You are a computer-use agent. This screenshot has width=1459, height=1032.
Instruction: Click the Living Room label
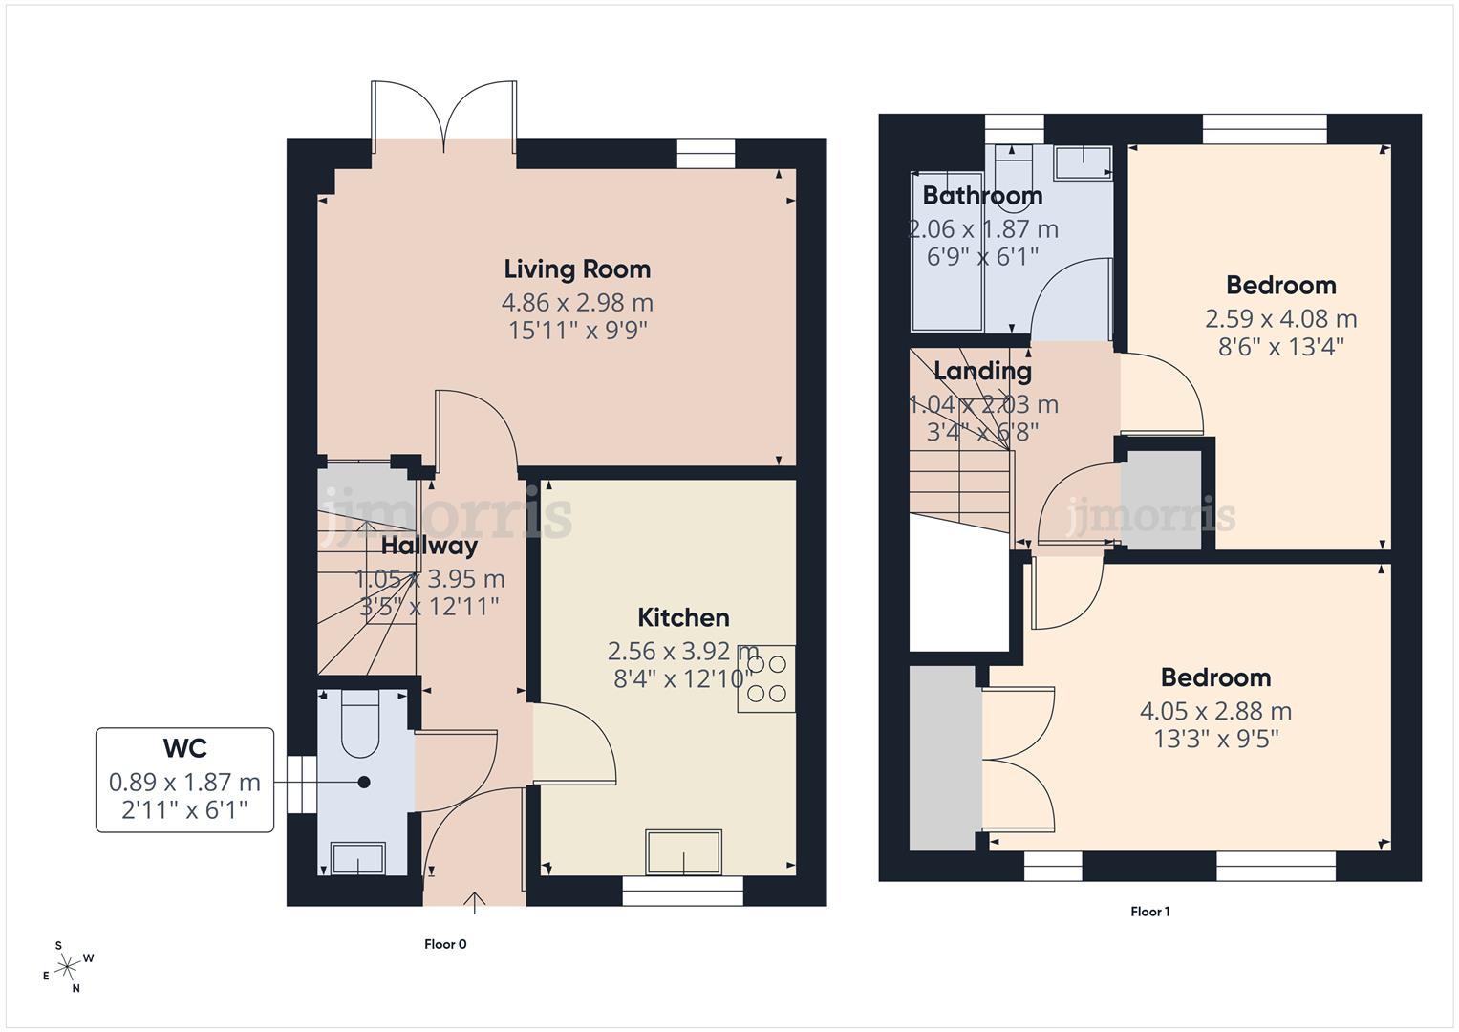tap(577, 269)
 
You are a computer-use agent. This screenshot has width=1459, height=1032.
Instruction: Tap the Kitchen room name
tap(683, 617)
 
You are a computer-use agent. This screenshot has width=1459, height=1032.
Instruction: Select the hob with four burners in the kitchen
tap(766, 679)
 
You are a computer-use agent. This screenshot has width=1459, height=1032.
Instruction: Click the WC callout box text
tap(184, 781)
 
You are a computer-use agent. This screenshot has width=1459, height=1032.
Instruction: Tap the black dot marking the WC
tap(364, 782)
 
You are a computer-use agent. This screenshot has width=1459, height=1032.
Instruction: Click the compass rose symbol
tap(68, 967)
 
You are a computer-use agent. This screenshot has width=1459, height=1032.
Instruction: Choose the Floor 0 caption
tap(445, 944)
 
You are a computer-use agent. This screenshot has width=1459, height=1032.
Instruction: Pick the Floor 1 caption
tap(1149, 912)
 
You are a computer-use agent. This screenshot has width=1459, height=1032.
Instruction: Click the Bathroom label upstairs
tap(981, 196)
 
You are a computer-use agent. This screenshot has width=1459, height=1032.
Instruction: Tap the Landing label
tap(982, 371)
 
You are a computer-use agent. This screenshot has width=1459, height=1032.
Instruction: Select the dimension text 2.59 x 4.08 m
tap(1280, 318)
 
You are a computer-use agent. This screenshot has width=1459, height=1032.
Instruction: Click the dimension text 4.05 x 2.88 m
tap(1215, 711)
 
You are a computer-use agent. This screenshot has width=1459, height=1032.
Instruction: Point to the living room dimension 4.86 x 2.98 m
tap(577, 303)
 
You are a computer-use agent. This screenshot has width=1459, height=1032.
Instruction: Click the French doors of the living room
tap(444, 118)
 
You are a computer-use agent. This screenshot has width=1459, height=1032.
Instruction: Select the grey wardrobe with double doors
tap(944, 758)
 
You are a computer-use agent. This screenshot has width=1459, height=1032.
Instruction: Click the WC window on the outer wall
tap(301, 785)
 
